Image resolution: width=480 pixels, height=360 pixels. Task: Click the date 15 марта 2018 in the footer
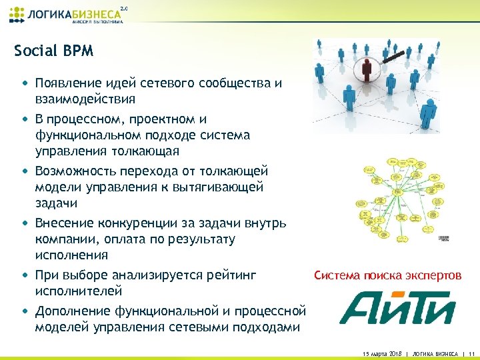tap(380, 353)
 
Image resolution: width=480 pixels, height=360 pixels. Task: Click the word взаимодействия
tap(86, 99)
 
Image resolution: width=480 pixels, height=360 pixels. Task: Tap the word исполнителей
tap(79, 291)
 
